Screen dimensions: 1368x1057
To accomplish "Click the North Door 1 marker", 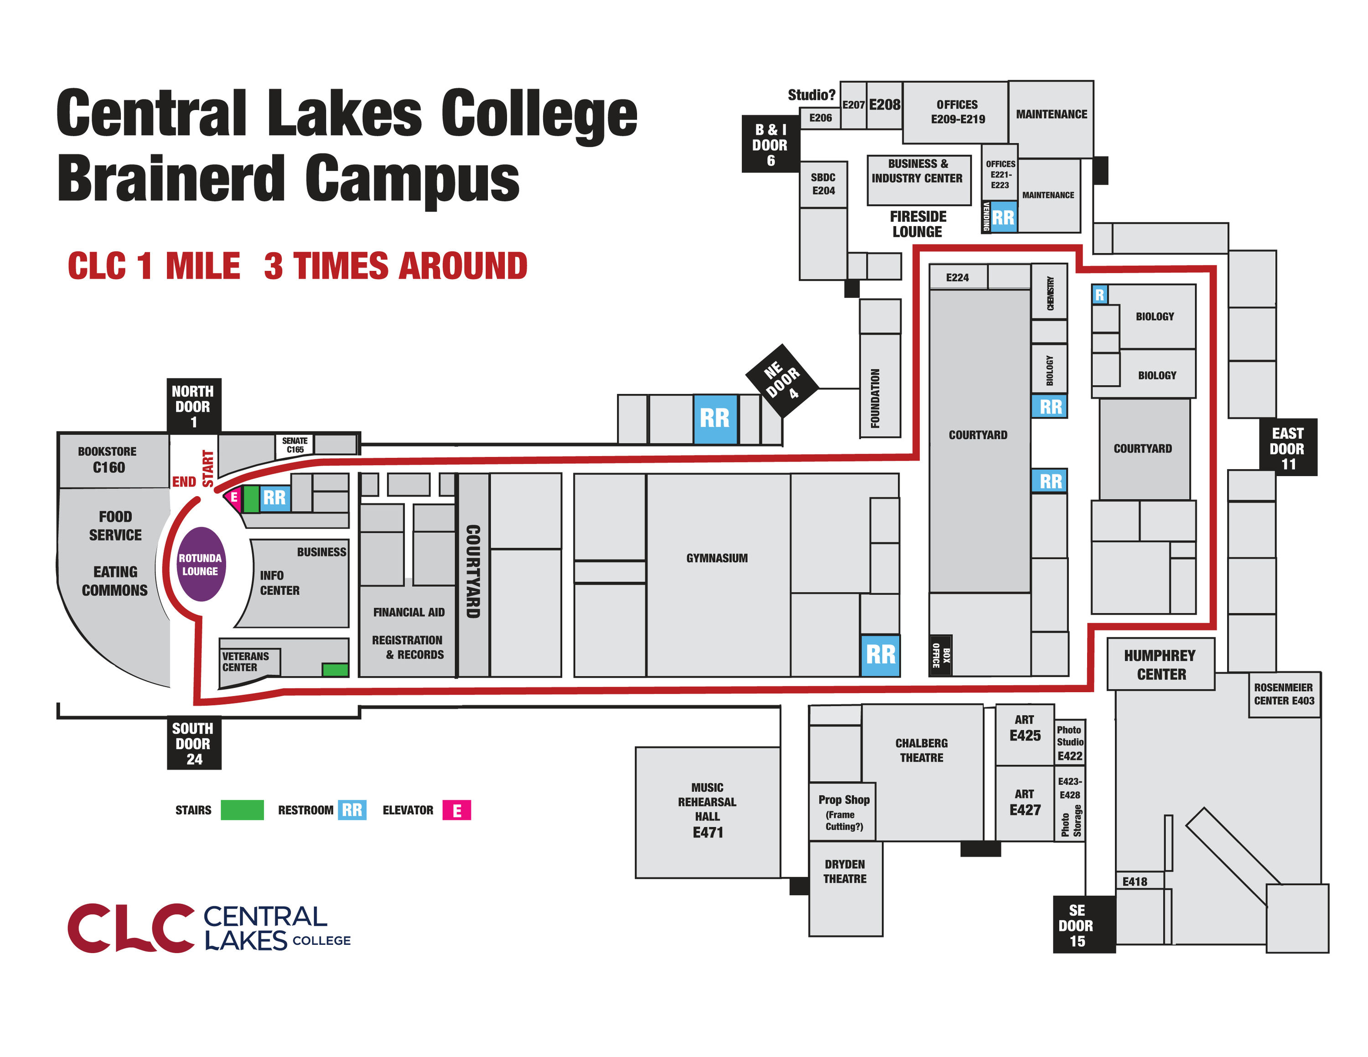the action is coord(193,406).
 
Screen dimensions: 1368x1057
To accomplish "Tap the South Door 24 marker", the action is coord(193,743).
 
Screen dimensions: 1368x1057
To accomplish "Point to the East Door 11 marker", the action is coord(1288,448).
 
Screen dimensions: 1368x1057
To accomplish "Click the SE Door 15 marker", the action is coord(1077,925).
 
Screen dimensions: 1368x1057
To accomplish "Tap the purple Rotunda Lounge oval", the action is coord(201,564).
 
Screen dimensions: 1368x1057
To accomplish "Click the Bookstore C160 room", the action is coord(109,460).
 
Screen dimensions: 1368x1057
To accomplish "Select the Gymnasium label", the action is coord(716,558).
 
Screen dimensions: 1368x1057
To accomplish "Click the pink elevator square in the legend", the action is coord(456,810).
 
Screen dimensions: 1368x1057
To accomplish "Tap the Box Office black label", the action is coord(941,656).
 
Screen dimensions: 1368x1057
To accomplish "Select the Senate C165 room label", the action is coord(295,445).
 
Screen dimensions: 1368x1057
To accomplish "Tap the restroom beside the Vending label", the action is coord(1003,218).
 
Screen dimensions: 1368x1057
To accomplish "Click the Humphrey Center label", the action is coord(1161,665).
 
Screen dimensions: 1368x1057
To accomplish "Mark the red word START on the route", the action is coord(208,468).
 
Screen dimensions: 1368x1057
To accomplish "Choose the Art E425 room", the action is coord(1025,729).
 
